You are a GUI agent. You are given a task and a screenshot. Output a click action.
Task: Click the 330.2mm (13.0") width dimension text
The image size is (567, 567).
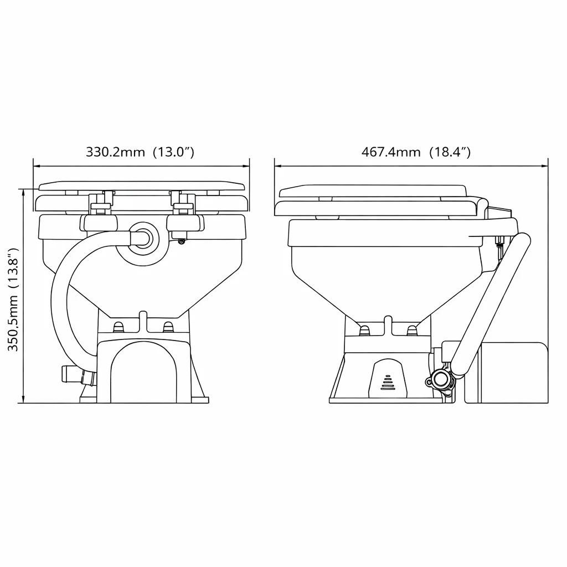coord(140,152)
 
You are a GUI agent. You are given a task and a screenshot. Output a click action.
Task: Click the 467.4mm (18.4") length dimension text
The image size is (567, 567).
coord(416,152)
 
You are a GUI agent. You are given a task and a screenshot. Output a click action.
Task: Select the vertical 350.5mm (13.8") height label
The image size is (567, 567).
coord(13,300)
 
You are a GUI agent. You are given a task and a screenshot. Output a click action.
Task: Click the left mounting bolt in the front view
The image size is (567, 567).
coord(118,327)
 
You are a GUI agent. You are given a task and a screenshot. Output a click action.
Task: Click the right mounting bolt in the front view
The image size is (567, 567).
coord(168,327)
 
